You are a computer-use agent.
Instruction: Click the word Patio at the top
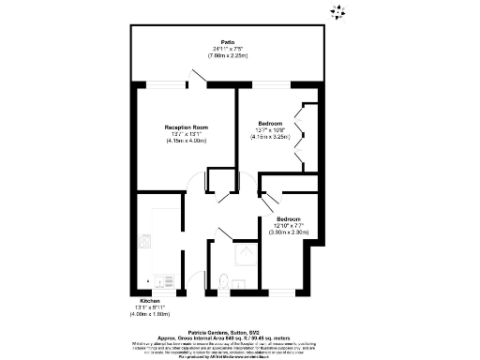point(227,42)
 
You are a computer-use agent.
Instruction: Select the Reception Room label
point(186,127)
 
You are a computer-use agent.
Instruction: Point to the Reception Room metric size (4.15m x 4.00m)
point(186,141)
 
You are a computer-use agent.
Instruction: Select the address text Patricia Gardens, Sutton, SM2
point(241,321)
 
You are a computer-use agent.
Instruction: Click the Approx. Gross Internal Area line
point(241,327)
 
